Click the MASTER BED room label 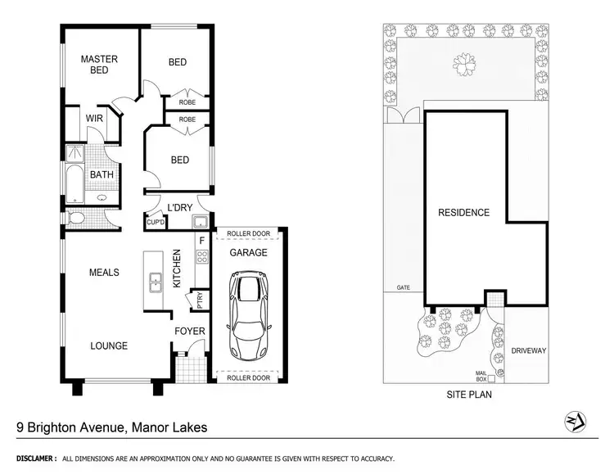[x=99, y=65]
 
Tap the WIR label [x=94, y=119]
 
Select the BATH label [x=102, y=174]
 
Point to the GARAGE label [x=248, y=253]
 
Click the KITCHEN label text [x=176, y=271]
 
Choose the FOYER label [x=189, y=332]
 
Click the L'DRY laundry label [x=178, y=207]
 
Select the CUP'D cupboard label [x=156, y=223]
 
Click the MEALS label [x=105, y=273]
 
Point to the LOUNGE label [x=109, y=346]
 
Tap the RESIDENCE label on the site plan [x=463, y=213]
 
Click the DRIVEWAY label [x=528, y=350]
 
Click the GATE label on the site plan [x=403, y=288]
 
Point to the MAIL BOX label [x=481, y=376]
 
